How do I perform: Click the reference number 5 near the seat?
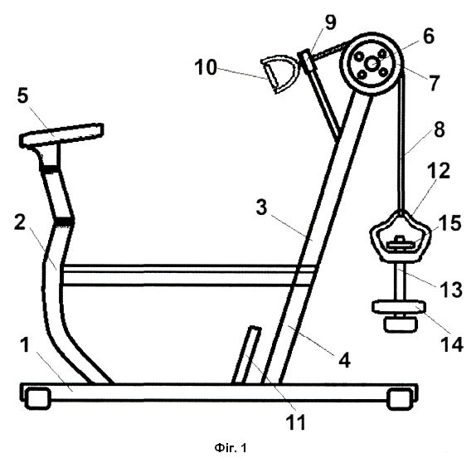pos(22,96)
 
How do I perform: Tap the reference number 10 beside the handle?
pos(206,67)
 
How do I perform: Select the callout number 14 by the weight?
pos(452,344)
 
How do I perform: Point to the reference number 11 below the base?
pos(296,422)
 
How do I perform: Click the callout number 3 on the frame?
pos(261,207)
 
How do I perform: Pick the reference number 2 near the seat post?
pos(20,222)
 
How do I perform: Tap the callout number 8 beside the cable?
pos(440,129)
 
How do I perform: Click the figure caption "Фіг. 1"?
pos(231,448)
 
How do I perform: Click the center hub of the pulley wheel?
pos(373,64)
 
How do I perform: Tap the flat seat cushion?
pos(61,134)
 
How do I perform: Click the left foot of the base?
pos(37,398)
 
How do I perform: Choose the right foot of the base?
pos(399,398)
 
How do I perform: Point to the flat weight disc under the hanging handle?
pos(398,306)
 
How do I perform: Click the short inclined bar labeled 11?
pos(246,354)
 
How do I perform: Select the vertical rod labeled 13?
pos(399,281)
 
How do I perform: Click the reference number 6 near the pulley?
pos(429,36)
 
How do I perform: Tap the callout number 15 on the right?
pos(451,222)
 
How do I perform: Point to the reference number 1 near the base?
pos(26,345)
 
